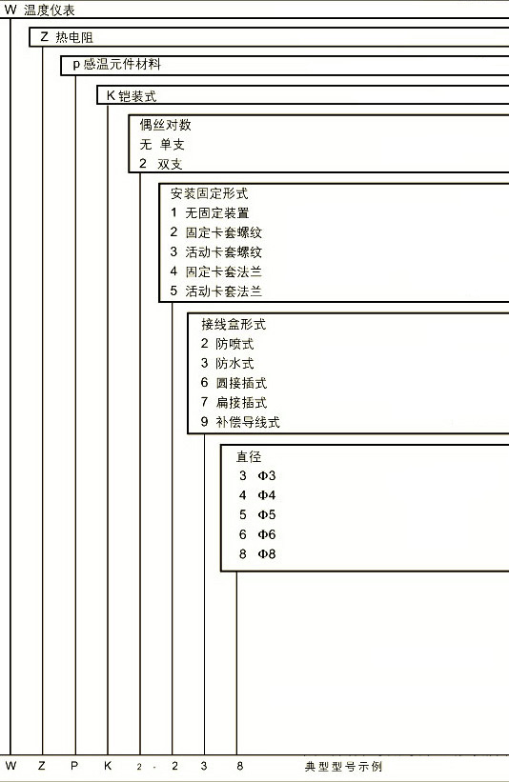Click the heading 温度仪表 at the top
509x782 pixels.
point(50,10)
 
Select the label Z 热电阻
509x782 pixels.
point(67,37)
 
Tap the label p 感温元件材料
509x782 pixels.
point(117,65)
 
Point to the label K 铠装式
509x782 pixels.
point(132,96)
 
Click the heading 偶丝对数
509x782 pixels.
point(165,125)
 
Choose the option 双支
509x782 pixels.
point(170,164)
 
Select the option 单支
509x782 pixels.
point(173,145)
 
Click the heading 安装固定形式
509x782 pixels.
point(209,193)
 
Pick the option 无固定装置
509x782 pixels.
point(217,213)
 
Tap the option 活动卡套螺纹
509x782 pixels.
point(224,251)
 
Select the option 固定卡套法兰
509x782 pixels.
point(224,271)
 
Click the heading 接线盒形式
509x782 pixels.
point(234,324)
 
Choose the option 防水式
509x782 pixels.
point(234,363)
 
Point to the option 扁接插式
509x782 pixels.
point(241,402)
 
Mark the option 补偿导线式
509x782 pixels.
point(248,422)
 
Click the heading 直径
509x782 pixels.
point(249,456)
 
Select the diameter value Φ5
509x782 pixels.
point(267,514)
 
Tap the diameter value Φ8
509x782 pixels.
point(267,553)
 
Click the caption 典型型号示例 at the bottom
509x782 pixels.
point(343,766)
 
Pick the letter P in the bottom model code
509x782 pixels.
point(73,766)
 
